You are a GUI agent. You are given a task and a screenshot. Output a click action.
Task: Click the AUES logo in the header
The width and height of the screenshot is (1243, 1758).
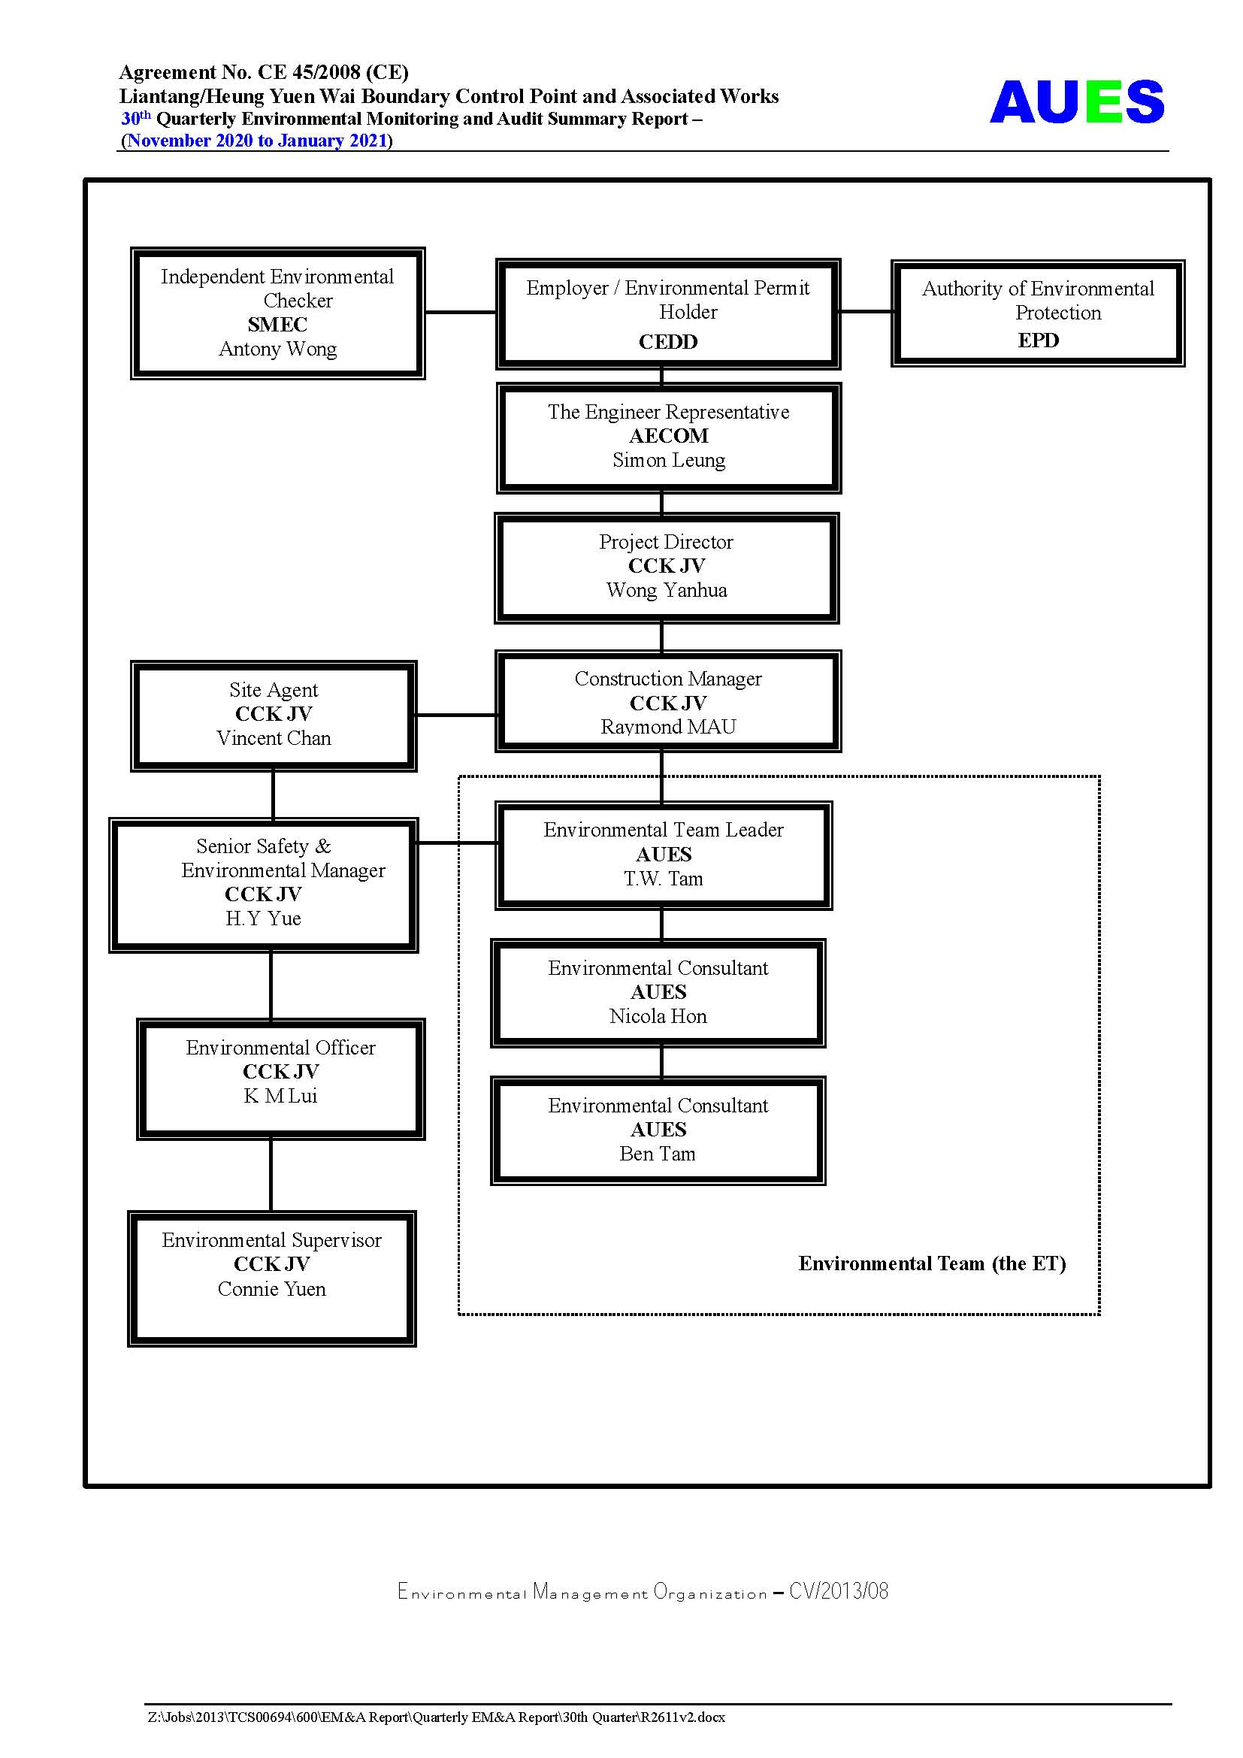pyautogui.click(x=1076, y=101)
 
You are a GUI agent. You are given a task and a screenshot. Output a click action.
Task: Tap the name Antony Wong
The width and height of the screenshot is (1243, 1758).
pyautogui.click(x=278, y=349)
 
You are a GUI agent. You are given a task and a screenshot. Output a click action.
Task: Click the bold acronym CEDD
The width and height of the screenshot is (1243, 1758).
pyautogui.click(x=668, y=341)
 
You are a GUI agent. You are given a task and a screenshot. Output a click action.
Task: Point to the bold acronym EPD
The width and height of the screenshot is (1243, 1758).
pyautogui.click(x=1038, y=340)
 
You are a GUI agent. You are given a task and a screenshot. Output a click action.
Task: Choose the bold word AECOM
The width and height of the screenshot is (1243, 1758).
pyautogui.click(x=668, y=436)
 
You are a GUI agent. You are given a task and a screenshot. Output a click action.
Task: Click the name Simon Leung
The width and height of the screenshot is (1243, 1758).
pyautogui.click(x=668, y=460)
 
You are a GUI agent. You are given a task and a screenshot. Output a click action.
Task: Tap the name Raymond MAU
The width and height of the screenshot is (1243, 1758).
pyautogui.click(x=668, y=727)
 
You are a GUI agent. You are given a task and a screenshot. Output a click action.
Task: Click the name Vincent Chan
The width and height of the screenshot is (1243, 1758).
pyautogui.click(x=274, y=738)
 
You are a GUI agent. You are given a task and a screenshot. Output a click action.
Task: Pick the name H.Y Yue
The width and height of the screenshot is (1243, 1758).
pyautogui.click(x=263, y=918)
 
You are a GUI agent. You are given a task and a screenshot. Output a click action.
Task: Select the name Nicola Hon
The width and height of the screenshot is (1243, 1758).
pyautogui.click(x=658, y=1016)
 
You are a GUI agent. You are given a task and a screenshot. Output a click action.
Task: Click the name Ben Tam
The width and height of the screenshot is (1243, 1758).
pyautogui.click(x=658, y=1154)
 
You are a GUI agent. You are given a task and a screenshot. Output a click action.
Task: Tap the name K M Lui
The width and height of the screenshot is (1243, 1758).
pyautogui.click(x=280, y=1096)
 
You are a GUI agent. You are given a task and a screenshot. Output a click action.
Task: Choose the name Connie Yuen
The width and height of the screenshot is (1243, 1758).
pyautogui.click(x=272, y=1289)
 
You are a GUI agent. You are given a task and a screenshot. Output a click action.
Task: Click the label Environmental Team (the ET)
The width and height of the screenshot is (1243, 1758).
pyautogui.click(x=932, y=1263)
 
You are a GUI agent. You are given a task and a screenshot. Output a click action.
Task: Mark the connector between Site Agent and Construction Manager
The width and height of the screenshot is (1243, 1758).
pyautogui.click(x=456, y=715)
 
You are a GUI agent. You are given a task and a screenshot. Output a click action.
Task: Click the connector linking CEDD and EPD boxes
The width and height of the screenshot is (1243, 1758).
pyautogui.click(x=866, y=312)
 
